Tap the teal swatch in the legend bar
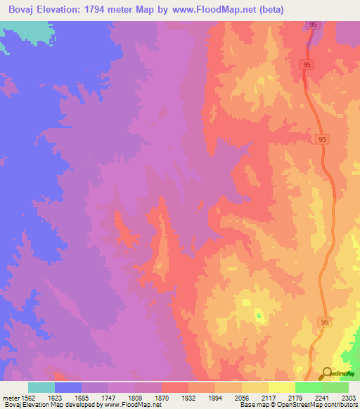coord(41,387)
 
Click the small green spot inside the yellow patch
coord(258,314)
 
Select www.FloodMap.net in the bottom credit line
coord(133,405)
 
